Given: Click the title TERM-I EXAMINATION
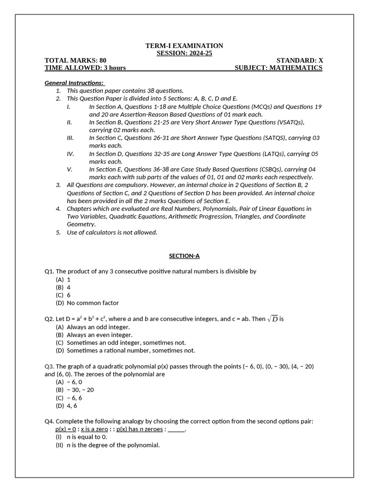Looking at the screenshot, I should click(184, 46).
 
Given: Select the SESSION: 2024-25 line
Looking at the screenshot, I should click(184, 53).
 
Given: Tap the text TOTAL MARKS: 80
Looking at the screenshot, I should click(75, 61).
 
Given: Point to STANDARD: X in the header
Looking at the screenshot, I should click(300, 61).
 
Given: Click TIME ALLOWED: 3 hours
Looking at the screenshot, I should click(85, 68).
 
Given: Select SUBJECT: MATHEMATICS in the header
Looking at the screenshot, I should click(278, 68).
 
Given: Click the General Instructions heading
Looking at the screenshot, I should click(74, 83).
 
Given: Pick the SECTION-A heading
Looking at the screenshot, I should click(184, 256).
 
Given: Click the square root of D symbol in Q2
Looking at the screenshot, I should click(272, 319).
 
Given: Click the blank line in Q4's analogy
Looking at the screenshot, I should click(176, 429).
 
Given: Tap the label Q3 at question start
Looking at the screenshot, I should click(49, 366).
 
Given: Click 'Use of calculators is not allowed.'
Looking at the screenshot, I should click(112, 233).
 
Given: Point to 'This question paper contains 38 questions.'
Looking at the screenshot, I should click(125, 90).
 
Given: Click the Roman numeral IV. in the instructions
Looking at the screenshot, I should click(70, 154).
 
